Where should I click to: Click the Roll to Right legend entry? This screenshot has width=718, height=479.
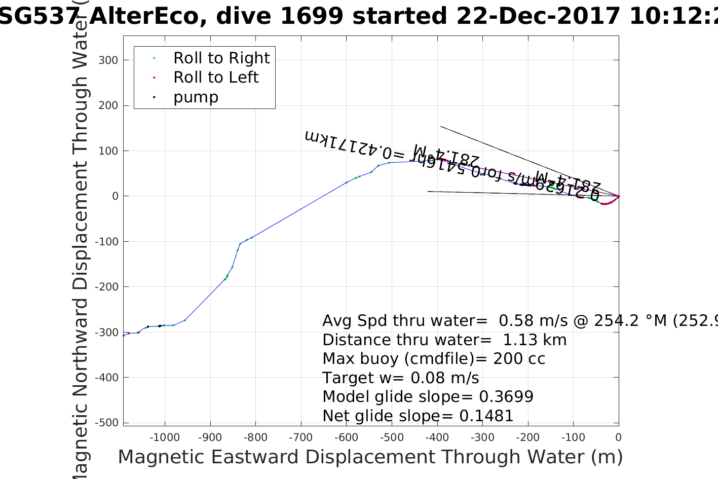coord(221,58)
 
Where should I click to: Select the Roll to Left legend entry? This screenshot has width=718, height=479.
coord(215,78)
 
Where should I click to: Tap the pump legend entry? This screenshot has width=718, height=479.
coord(196,97)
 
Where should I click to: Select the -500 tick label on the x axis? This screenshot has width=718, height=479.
coord(391,437)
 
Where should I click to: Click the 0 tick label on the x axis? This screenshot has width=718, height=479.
coord(618,437)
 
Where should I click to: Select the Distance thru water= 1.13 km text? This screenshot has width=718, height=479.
coord(444,340)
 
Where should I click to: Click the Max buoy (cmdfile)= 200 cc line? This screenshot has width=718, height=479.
coord(434,359)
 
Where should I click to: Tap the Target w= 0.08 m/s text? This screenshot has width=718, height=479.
coord(400,378)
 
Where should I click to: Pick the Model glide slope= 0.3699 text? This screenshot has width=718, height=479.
coord(428,397)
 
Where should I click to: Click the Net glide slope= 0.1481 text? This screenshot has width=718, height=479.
coord(418,416)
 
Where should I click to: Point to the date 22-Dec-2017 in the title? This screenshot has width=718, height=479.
coord(538,16)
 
